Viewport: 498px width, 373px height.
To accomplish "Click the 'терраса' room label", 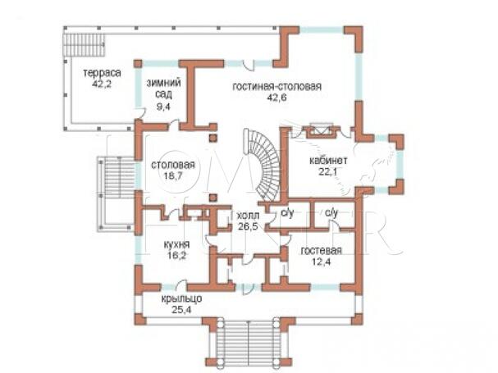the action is coord(102,73).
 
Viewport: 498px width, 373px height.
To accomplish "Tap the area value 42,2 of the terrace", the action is coord(102,84).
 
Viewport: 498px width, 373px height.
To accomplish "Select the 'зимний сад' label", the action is coord(163,89).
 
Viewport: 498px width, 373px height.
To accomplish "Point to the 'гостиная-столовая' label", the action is coord(277,86).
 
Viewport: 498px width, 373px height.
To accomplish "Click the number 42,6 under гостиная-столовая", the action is coord(277,98).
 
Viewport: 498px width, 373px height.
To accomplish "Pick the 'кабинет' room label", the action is coord(328,161).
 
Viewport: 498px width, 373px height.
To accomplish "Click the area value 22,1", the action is coord(328,171).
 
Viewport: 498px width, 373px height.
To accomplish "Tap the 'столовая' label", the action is coord(173,165).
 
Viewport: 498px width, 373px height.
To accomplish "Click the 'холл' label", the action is coord(248,216).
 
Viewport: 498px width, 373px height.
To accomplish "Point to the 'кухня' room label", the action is coord(176,244).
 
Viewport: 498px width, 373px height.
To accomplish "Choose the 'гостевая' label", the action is coord(322,251).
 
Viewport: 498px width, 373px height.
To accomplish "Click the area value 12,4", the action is coord(321,262).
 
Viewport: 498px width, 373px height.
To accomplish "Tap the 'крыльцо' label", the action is coord(181,299).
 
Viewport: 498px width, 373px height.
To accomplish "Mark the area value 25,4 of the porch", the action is coord(181,310).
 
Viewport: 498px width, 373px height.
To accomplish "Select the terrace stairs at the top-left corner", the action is coord(85,45).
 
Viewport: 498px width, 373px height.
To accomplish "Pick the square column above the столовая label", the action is coord(213,138).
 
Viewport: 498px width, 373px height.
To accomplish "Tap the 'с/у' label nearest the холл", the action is coord(287,212).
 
